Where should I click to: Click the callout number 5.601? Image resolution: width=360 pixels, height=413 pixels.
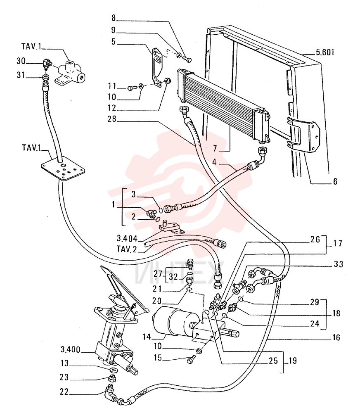coord(325,52)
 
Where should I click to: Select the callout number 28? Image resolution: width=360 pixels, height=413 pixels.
coord(111,119)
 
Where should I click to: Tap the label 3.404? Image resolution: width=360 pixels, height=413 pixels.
coord(127,239)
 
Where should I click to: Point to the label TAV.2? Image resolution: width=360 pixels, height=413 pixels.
coord(127,249)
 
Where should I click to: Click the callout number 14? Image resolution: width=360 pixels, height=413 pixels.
coord(147,337)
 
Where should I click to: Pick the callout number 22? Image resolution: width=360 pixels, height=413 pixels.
coord(64,392)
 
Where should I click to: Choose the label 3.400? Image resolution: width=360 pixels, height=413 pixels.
coord(70,350)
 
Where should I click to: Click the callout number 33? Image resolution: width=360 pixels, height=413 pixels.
coord(339,264)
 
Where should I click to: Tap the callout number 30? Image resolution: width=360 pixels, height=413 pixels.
coord(21,61)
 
